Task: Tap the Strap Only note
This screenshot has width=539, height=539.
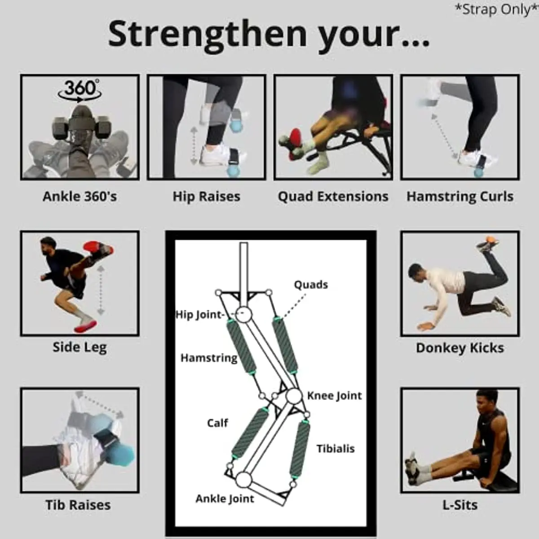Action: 496,9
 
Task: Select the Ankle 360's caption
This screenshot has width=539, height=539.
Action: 80,196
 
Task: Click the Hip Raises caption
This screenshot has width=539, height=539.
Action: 207,196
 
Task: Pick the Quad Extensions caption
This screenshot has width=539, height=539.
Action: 333,196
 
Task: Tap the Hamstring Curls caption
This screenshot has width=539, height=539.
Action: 460,196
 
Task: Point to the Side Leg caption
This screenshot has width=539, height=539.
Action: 80,347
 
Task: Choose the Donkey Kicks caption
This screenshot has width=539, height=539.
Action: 460,348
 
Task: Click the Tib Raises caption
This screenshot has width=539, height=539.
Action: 78,504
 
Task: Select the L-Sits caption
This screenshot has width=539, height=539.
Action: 460,504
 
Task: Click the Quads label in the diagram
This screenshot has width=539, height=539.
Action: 311,285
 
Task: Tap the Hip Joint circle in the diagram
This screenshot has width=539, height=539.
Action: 243,314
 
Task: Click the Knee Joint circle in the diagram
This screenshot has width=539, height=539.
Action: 294,396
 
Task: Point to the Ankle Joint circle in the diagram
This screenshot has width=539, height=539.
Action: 243,480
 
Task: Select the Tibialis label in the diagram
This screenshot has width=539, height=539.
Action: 336,449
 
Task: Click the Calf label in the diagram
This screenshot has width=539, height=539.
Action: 217,423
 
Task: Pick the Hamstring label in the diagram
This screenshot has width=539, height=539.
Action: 209,358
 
